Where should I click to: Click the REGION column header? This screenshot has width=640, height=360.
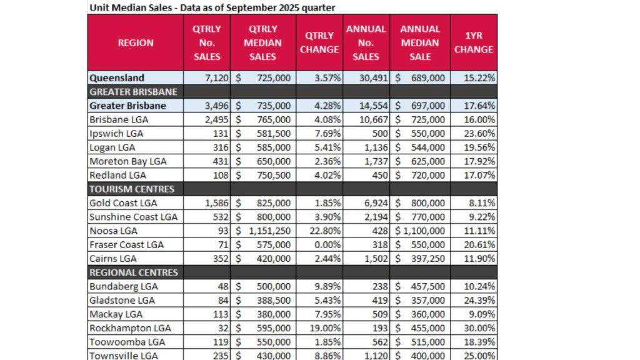(x=135, y=43)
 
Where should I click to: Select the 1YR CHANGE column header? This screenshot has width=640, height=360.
(x=473, y=43)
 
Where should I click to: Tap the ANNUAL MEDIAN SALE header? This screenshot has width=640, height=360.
(x=420, y=43)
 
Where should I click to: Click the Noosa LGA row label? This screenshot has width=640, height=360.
(x=114, y=231)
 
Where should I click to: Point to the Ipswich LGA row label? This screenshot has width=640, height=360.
(x=116, y=133)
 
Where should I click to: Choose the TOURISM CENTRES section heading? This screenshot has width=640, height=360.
(x=132, y=189)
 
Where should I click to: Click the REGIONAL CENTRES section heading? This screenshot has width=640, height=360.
(x=134, y=272)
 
